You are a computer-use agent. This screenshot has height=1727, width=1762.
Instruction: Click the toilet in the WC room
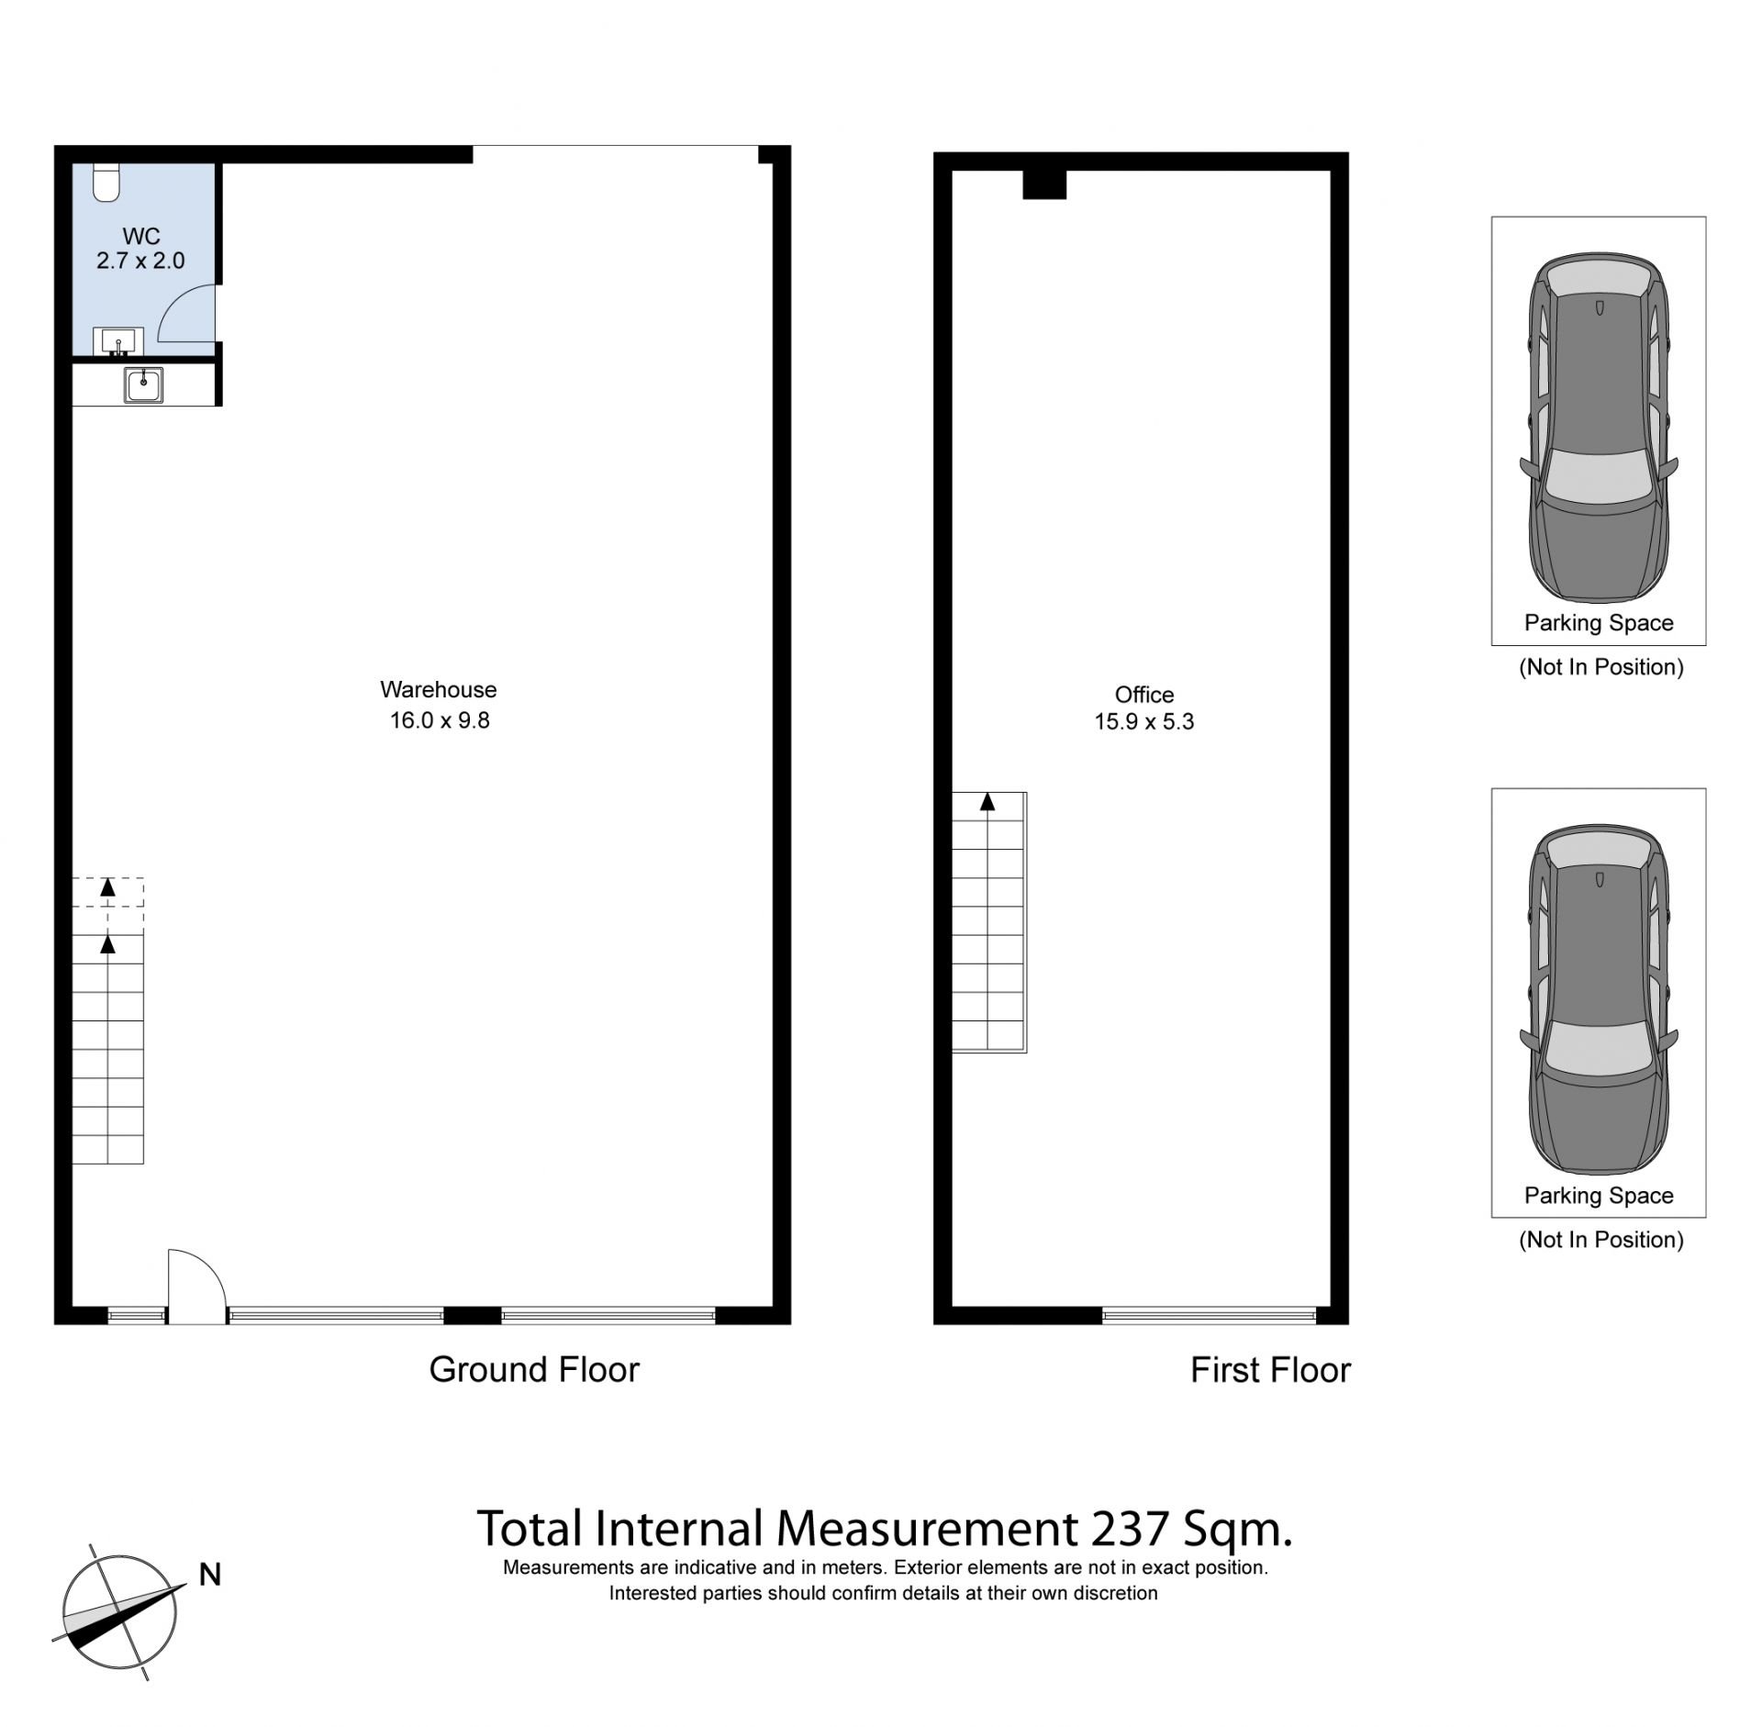coord(106,182)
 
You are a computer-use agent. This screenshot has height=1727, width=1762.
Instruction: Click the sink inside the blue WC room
coord(117,341)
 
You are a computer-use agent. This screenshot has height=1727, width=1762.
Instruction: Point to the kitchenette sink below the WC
coord(144,384)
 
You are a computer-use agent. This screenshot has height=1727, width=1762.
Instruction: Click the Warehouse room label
coord(439,689)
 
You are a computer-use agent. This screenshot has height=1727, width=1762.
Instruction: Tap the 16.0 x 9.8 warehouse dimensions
coord(440,720)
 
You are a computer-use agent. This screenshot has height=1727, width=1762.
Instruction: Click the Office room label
coord(1144,695)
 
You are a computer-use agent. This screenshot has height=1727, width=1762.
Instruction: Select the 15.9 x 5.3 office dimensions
coord(1144,722)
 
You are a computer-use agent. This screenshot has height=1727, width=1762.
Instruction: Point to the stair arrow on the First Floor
coord(987,802)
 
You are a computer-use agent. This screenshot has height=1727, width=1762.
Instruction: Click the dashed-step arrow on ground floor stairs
coord(108,887)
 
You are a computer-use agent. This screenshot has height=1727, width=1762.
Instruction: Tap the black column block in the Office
coord(1044,184)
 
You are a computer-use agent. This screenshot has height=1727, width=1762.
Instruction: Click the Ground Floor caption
coord(534,1370)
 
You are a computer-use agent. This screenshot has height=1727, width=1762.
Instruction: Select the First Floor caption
coord(1270,1371)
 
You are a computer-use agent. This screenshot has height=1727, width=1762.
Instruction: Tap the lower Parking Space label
coord(1599,1196)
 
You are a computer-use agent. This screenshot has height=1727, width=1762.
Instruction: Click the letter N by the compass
coord(210,1575)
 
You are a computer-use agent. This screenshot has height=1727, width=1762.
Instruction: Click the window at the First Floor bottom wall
coord(1209,1315)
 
